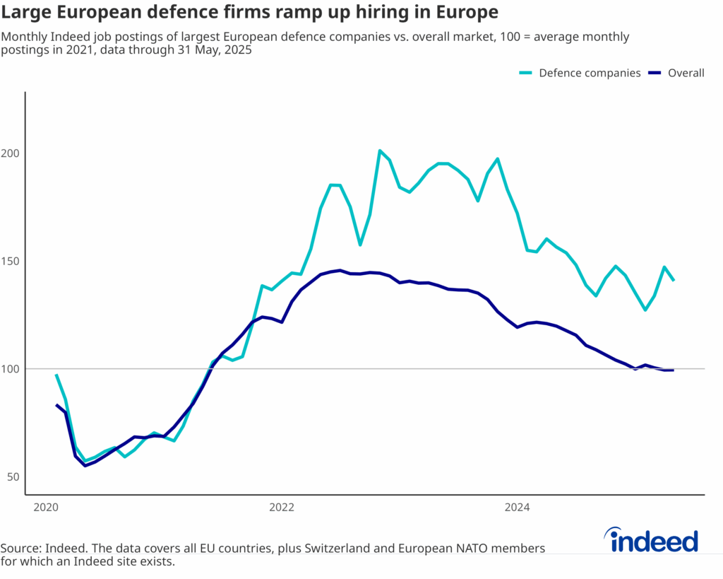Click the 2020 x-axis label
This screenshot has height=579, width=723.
coord(45,507)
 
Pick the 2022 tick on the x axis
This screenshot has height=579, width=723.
coord(281,507)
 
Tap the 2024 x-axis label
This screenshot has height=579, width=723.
coord(518,507)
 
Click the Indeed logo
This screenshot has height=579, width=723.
coord(654,541)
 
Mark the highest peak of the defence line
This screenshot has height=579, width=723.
coord(380,150)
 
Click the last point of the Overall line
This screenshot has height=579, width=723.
coord(674,370)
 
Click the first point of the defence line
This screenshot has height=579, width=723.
coord(56,375)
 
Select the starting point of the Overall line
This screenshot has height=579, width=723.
coord(56,404)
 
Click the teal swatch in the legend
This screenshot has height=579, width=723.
coord(526,73)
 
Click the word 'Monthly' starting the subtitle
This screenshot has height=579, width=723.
coord(25,37)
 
